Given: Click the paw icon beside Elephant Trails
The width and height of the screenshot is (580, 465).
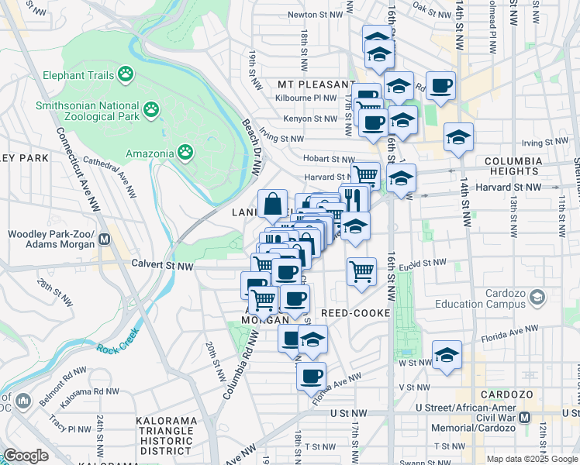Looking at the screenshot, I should click(x=126, y=74).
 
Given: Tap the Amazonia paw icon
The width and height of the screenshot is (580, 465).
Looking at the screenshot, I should click(x=185, y=153).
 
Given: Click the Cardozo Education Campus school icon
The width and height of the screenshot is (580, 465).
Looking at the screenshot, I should click(x=535, y=298).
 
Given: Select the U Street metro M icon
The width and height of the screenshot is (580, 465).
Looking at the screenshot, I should click(x=525, y=417).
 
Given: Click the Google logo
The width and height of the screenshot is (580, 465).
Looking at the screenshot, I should click(x=26, y=455).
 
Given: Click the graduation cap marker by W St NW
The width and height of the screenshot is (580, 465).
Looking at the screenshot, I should click(x=447, y=355).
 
